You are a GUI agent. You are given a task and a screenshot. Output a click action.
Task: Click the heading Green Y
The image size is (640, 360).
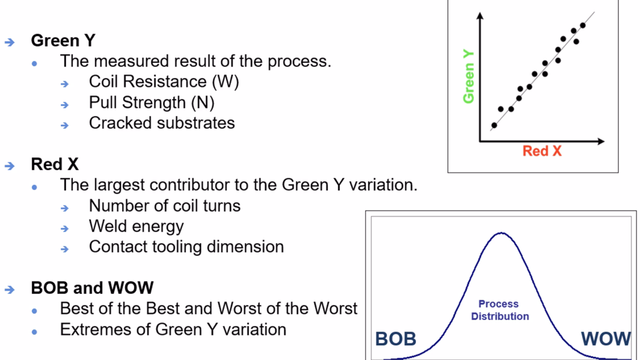tap(63, 40)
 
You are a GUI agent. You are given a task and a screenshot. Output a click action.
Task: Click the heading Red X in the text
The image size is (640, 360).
tap(55, 164)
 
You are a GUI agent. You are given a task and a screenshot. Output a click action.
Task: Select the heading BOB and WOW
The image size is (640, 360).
tap(92, 288)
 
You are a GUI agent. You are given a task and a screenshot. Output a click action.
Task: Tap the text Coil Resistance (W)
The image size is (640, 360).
tap(164, 81)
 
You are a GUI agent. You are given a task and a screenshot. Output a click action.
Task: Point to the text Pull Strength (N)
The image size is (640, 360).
tap(151, 102)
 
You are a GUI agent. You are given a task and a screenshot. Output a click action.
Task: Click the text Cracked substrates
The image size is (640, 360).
tap(162, 123)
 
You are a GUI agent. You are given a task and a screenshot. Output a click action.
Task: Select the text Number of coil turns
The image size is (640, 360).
tap(165, 205)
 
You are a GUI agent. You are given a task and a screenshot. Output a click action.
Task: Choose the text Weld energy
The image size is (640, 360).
tap(136, 226)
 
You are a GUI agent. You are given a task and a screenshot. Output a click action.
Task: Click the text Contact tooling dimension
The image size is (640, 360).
tap(186, 247)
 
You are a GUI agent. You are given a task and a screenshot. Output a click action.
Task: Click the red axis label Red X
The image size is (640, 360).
tap(542, 151)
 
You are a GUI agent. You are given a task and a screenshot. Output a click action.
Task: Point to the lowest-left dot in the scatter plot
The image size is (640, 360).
tap(494, 125)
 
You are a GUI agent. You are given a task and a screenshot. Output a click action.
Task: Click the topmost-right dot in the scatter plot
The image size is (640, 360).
tap(583, 25)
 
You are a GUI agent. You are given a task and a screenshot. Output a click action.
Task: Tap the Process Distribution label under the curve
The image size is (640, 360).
tap(500, 310)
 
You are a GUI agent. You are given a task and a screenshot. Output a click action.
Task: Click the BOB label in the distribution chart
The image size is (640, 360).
tap(395, 339)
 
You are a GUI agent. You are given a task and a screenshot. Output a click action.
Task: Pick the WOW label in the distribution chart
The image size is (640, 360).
tap(606, 339)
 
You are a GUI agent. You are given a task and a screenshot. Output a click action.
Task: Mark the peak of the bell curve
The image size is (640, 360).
tap(501, 233)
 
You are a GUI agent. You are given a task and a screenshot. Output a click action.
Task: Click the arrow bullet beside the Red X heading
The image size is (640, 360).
tap(10, 166)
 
